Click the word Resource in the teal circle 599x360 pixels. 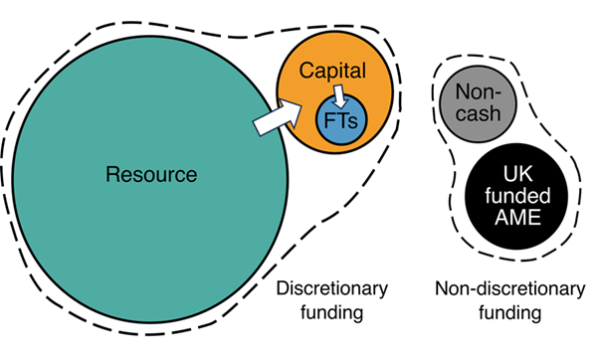[151, 174]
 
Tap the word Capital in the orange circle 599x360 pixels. [332, 71]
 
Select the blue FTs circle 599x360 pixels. [341, 119]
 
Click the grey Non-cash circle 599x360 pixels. [478, 103]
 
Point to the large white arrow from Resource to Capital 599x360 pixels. [278, 116]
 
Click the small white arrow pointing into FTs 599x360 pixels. [339, 96]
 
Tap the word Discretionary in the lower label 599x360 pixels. [332, 288]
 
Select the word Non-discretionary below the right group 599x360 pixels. [510, 288]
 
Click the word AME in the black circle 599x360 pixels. [517, 217]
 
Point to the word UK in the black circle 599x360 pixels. [517, 174]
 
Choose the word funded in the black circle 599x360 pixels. [517, 196]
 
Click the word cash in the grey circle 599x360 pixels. [478, 113]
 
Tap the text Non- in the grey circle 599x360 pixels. [478, 92]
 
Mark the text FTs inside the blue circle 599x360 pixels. [340, 120]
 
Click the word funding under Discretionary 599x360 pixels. [331, 313]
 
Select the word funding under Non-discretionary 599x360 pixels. [510, 313]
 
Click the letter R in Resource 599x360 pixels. [112, 174]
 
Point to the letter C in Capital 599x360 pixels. [306, 71]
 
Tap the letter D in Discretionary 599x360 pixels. [283, 288]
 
